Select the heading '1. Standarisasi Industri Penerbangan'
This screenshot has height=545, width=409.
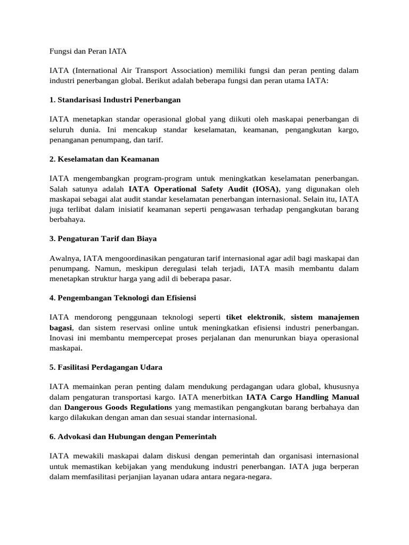click(115, 100)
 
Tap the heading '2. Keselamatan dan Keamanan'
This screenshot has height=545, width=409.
click(104, 159)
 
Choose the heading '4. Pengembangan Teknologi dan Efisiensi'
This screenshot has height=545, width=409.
click(123, 298)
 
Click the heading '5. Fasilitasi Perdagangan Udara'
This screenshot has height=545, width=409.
click(106, 367)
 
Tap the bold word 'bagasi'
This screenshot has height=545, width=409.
click(61, 328)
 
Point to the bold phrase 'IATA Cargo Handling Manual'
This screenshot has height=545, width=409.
click(302, 398)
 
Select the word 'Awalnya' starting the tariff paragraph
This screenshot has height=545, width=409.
click(64, 258)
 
